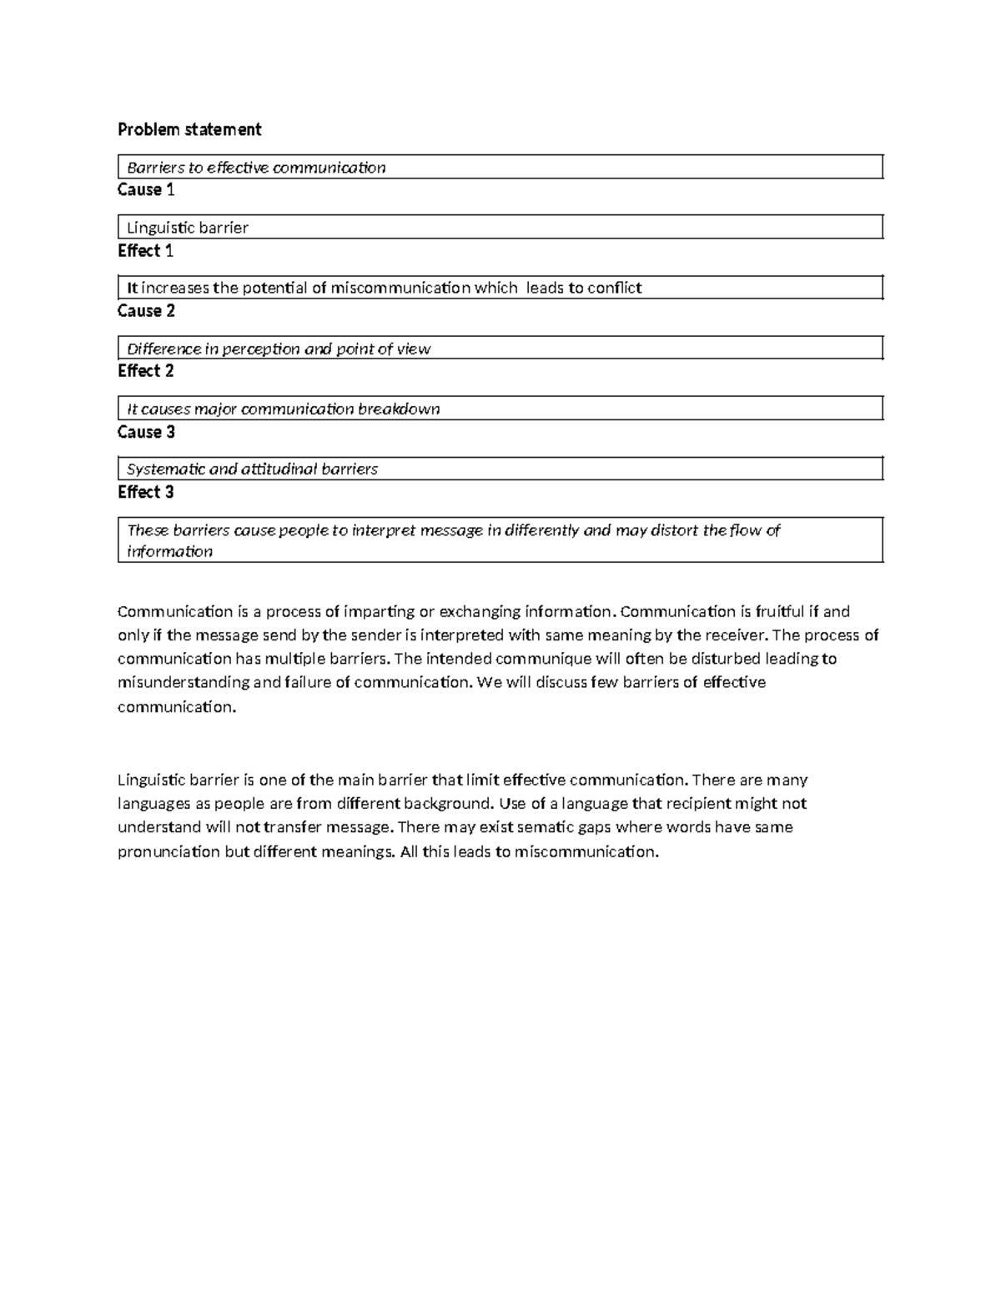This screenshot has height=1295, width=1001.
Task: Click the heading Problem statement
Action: [189, 129]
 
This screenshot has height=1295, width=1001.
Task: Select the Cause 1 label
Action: [146, 190]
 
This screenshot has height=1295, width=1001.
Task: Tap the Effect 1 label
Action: [145, 251]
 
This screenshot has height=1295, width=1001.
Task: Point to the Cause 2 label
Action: [146, 311]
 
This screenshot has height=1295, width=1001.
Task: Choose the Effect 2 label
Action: [145, 371]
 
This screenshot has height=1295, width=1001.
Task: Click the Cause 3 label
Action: [146, 432]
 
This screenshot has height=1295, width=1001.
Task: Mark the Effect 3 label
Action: [145, 492]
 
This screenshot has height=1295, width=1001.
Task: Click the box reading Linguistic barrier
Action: [500, 228]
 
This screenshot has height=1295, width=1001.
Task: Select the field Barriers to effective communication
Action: [500, 168]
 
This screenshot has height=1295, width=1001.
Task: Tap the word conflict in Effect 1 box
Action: [614, 289]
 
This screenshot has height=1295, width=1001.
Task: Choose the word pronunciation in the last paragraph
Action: [169, 851]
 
